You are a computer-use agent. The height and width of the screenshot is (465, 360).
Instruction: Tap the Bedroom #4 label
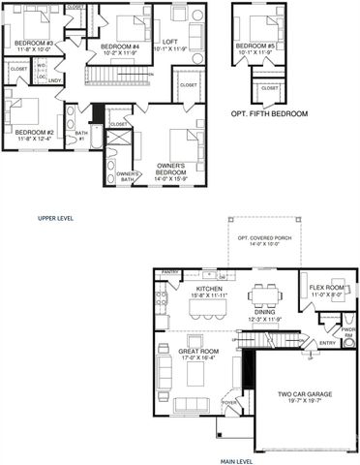123,46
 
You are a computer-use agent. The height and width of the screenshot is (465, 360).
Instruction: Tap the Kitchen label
211,289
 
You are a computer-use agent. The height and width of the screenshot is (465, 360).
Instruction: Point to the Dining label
263,312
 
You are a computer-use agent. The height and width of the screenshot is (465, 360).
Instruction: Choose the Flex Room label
327,289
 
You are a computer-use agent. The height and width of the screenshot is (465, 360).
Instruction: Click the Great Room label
198,351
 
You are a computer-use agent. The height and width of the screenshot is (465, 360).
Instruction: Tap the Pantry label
172,273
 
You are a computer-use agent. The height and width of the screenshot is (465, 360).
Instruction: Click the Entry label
326,342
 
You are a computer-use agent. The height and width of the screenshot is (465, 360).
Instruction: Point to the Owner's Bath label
128,176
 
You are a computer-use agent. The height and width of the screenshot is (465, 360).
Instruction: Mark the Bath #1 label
81,136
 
